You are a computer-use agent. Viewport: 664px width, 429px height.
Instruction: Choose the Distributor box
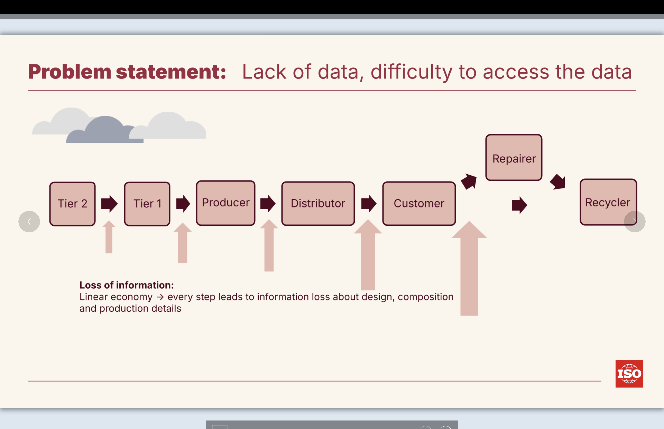tap(318, 204)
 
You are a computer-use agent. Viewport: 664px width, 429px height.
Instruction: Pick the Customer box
tap(419, 204)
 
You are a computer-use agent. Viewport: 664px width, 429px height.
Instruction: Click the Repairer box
tap(514, 158)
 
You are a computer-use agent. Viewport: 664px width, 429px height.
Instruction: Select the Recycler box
tap(608, 202)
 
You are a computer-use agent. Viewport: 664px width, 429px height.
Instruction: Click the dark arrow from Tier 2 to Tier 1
tap(109, 204)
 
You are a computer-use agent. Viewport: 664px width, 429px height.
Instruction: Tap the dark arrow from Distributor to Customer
tap(369, 204)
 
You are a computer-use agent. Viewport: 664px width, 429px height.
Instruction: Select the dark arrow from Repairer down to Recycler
tap(558, 182)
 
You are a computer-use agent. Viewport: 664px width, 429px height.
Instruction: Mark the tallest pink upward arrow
tap(469, 268)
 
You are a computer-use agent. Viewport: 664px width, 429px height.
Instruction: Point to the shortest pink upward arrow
tap(109, 237)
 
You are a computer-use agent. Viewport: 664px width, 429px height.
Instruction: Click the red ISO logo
tap(629, 374)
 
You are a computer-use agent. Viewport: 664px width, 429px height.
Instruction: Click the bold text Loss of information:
tap(126, 285)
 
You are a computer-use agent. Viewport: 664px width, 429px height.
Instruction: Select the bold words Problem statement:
tap(127, 72)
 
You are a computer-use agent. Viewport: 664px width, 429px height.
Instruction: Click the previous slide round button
tap(29, 221)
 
